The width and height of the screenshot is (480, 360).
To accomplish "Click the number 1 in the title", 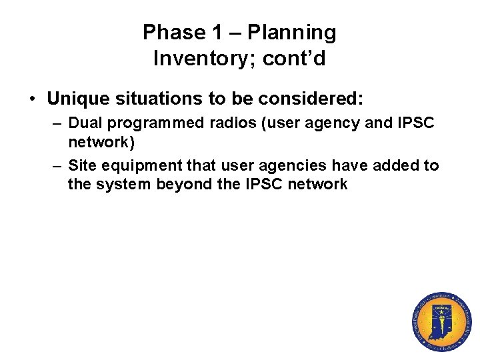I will click(x=216, y=32).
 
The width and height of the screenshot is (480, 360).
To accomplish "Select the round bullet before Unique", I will click(x=32, y=100).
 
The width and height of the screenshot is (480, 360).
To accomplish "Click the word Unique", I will click(x=75, y=99).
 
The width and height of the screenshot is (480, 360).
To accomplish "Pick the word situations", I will click(x=146, y=99).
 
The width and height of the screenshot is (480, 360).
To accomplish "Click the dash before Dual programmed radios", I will click(x=57, y=123).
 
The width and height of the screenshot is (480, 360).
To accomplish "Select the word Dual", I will click(x=84, y=123).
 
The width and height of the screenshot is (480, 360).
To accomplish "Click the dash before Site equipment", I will click(x=57, y=165).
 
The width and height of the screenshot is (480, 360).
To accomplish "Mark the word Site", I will click(x=82, y=165).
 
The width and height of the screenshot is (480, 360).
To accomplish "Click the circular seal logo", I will click(x=441, y=322).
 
